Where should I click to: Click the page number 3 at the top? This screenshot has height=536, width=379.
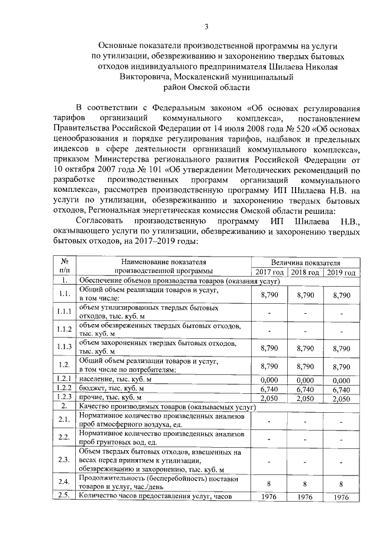(x=206, y=27)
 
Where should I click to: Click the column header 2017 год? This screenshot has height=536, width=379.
(x=269, y=272)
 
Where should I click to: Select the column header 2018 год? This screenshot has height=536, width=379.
(x=305, y=272)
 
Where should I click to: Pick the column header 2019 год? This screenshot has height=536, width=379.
(x=341, y=272)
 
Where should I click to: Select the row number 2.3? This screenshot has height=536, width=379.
(x=64, y=460)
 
